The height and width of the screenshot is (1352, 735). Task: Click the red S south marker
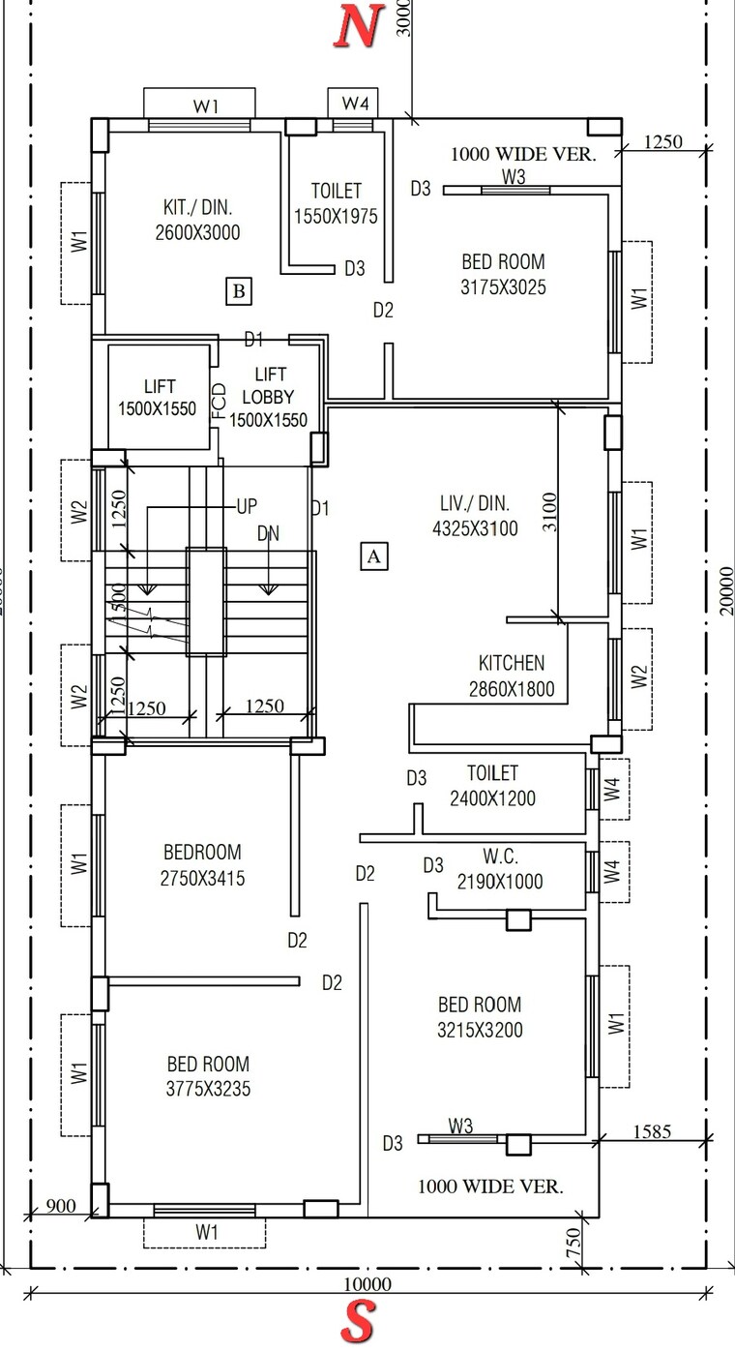[359, 1322]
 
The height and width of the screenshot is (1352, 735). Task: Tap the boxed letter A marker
[374, 556]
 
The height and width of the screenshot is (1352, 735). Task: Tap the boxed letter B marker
[239, 290]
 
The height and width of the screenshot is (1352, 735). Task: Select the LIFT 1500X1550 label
[157, 398]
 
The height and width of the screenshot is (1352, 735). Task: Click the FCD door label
[219, 401]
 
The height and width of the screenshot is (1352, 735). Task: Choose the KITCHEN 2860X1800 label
[511, 676]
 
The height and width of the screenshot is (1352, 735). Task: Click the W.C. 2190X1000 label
[500, 869]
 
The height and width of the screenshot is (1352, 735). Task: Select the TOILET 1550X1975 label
[336, 204]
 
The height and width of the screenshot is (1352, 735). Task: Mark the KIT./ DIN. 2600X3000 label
[197, 220]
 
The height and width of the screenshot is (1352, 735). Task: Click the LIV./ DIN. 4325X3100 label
[474, 516]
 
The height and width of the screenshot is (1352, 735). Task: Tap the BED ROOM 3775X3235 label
[208, 1076]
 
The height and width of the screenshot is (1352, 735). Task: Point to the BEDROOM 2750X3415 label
[202, 865]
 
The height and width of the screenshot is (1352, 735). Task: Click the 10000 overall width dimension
[367, 1284]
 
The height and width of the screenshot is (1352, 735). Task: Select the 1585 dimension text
[652, 1130]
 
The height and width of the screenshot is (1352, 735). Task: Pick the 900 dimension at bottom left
[60, 1205]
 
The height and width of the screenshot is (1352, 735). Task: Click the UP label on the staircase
[248, 506]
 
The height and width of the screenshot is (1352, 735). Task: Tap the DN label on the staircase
[268, 533]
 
